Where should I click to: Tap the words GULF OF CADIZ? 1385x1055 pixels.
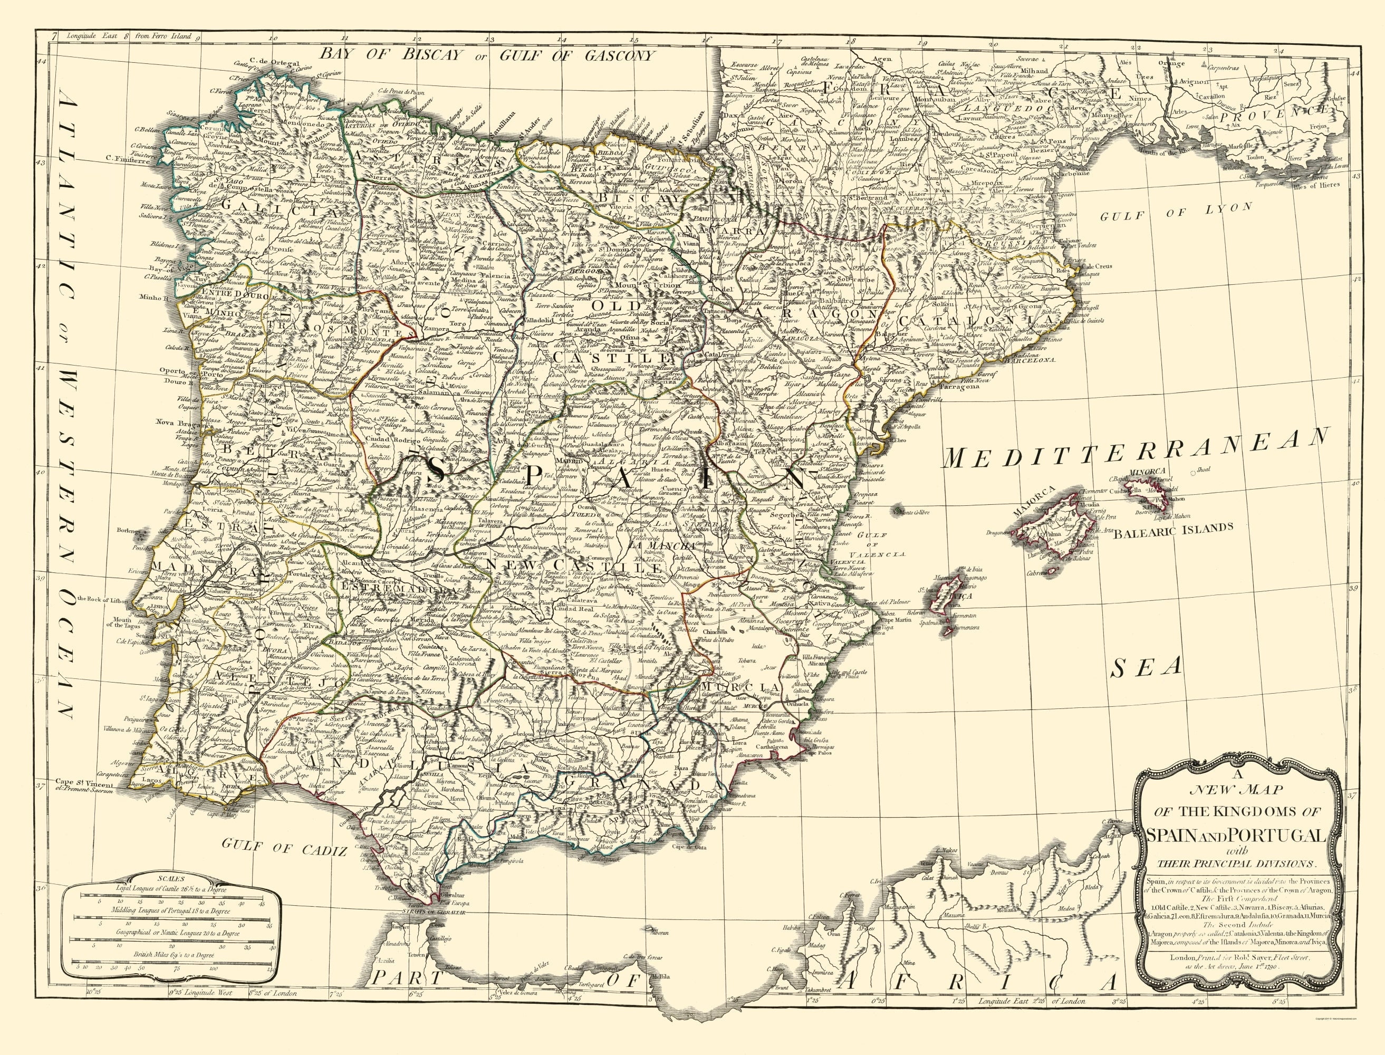(x=287, y=850)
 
